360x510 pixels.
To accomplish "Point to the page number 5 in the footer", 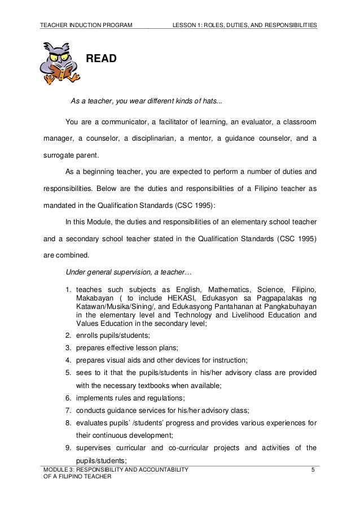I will (314, 470).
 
